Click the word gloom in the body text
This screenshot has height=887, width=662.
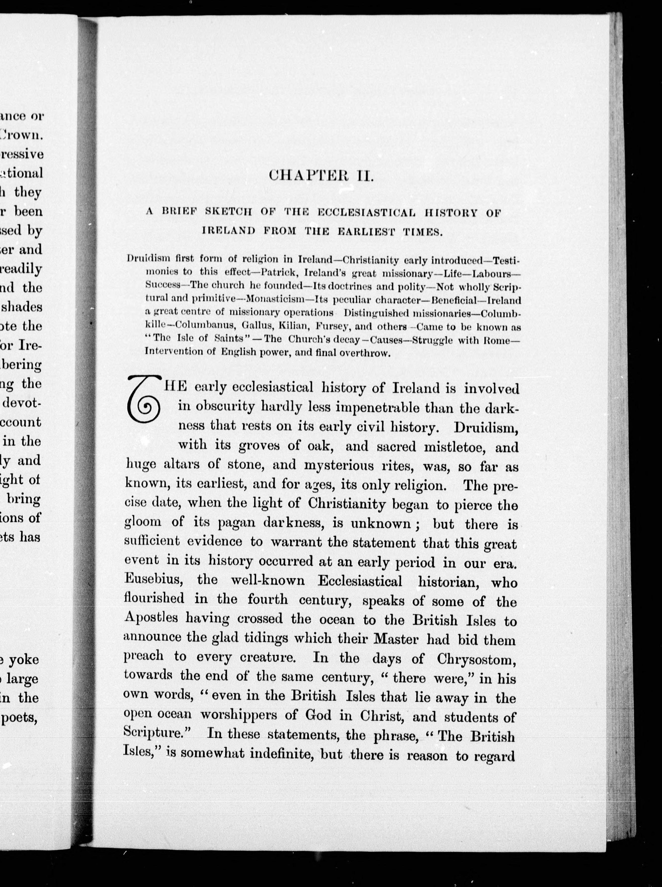(143, 522)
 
